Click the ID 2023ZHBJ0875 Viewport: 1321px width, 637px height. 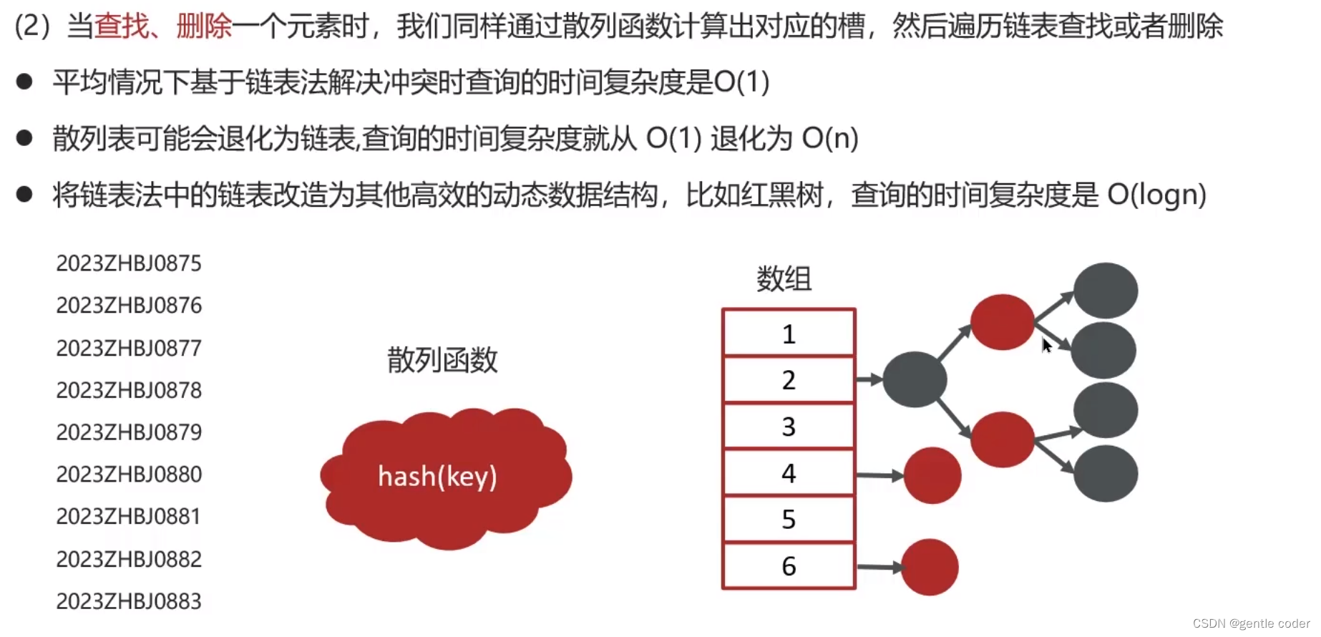(129, 263)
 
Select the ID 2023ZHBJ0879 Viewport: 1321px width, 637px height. (129, 432)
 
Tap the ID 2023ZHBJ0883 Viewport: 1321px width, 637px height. (129, 601)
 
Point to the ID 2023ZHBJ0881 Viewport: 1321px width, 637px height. (129, 516)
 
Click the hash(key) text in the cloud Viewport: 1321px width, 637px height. (437, 477)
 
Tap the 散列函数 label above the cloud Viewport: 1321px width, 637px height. (442, 360)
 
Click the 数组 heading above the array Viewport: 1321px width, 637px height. (784, 279)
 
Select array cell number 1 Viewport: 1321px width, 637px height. (789, 334)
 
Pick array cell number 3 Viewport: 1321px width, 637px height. (789, 427)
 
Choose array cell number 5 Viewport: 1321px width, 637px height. (789, 519)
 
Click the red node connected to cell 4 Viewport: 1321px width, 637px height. (932, 475)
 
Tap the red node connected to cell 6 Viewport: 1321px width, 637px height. (930, 568)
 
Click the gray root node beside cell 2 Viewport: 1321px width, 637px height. (915, 379)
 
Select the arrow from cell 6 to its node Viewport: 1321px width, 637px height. (879, 568)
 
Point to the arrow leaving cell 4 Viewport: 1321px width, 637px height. (880, 475)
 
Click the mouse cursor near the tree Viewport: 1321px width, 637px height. (1046, 346)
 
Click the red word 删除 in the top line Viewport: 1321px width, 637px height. (204, 26)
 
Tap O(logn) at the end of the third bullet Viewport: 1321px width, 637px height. (1156, 194)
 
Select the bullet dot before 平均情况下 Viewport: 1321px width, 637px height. (24, 82)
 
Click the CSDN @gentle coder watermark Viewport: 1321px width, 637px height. (1251, 623)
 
